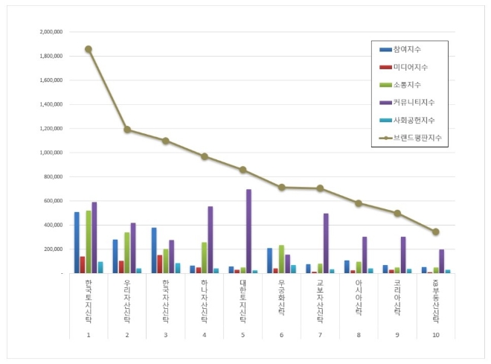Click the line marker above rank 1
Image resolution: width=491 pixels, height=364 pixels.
coord(88,49)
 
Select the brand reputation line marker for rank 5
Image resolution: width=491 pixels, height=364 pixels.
coord(243,170)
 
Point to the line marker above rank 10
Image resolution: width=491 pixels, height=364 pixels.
coord(435,232)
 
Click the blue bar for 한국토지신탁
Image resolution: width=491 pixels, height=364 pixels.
coord(77,243)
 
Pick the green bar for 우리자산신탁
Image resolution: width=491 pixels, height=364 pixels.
coord(127,252)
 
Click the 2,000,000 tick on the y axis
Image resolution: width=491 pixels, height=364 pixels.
coord(48,33)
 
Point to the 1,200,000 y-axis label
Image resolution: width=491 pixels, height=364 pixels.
coord(48,129)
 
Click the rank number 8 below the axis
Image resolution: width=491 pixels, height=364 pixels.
coord(359,336)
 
